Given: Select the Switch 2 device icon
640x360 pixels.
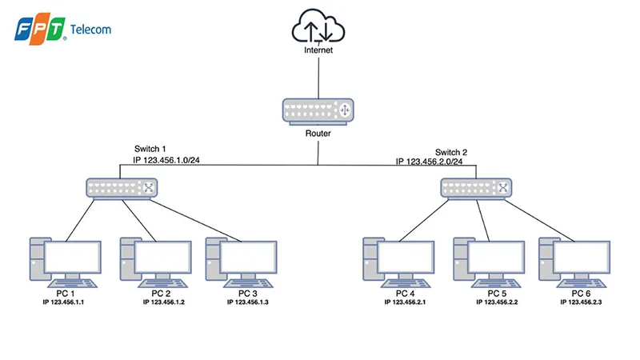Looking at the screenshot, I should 476,188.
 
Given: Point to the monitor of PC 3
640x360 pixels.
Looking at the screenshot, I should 247,258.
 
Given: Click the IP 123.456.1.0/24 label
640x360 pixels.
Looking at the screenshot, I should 166,161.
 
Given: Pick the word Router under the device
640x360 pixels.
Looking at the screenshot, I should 318,134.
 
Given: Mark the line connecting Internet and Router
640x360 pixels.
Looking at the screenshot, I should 318,76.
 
